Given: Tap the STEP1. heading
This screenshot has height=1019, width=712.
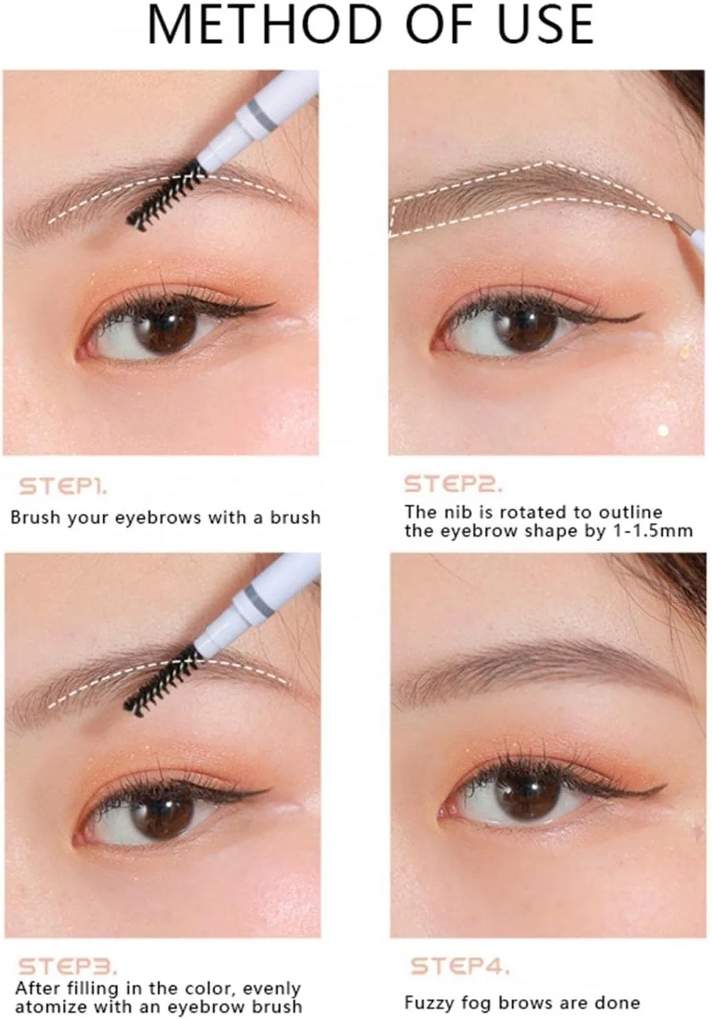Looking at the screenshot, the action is point(63,486).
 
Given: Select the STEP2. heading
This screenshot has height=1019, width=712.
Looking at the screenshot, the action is point(453,484).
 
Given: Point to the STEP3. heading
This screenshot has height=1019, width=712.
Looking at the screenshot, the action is point(67,966).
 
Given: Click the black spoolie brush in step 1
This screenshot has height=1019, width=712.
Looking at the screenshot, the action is point(166,196).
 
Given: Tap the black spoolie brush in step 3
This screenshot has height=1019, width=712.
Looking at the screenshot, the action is point(163,680).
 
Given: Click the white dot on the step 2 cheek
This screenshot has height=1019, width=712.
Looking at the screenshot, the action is point(664,430).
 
